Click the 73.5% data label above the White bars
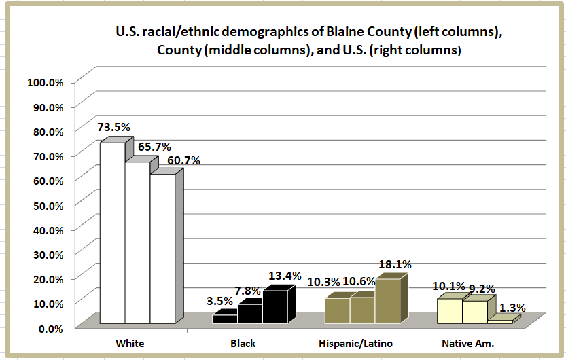click(x=113, y=127)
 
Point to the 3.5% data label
click(x=219, y=301)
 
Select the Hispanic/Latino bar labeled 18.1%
click(x=387, y=301)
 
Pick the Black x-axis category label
click(x=243, y=343)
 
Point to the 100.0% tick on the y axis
click(x=45, y=82)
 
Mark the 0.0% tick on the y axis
click(x=50, y=328)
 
